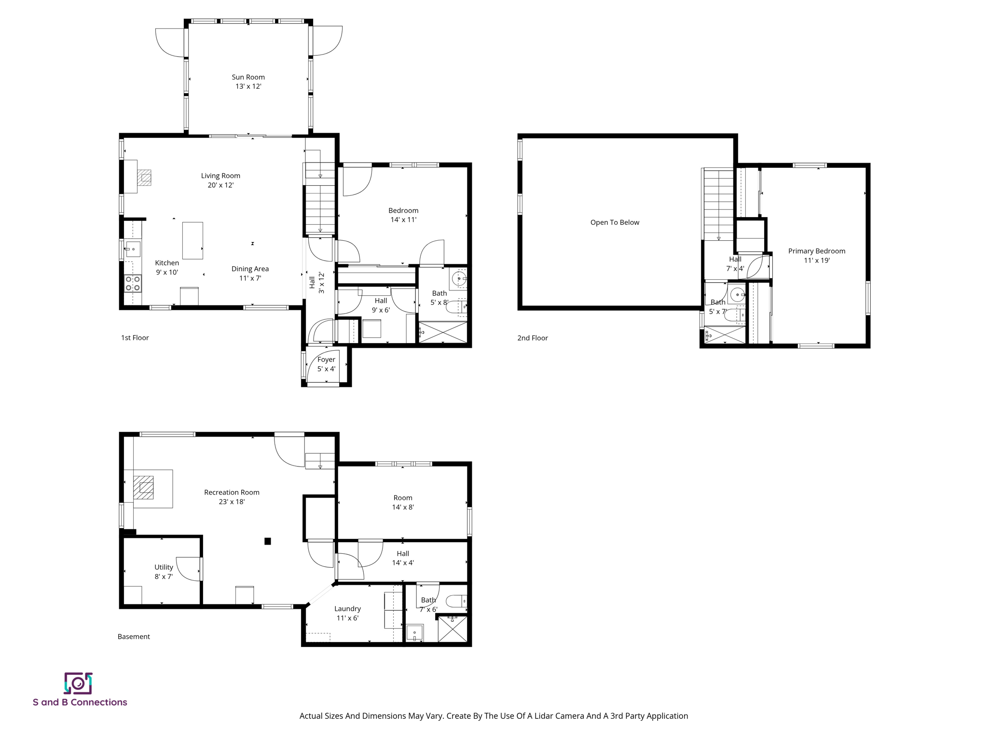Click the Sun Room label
click(248, 77)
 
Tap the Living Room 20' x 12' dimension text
click(220, 185)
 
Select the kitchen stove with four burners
click(133, 283)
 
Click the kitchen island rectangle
click(192, 240)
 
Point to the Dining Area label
click(250, 269)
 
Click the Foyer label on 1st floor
click(326, 359)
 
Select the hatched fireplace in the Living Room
click(144, 178)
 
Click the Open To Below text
click(615, 222)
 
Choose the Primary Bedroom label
click(816, 251)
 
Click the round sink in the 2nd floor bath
click(737, 294)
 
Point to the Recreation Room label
click(232, 493)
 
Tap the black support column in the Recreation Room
click(268, 541)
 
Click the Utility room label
click(164, 567)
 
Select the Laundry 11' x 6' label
click(347, 613)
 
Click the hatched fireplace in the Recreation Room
click(143, 487)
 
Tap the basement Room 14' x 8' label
click(403, 502)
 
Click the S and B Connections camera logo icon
click(78, 683)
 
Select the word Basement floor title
click(134, 637)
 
